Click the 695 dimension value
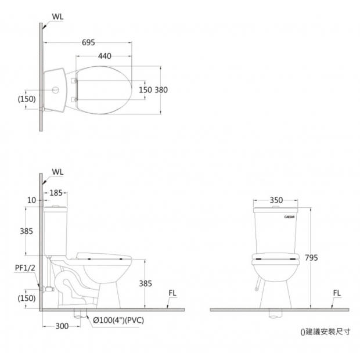pyautogui.click(x=88, y=42)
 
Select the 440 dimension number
pyautogui.click(x=105, y=56)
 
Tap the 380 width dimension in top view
pyautogui.click(x=161, y=90)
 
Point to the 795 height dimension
pyautogui.click(x=311, y=258)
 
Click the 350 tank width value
pyautogui.click(x=276, y=200)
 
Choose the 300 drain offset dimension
pyautogui.click(x=62, y=326)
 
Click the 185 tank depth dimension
pyautogui.click(x=56, y=193)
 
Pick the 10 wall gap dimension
pyautogui.click(x=32, y=200)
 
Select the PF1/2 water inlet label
pyautogui.click(x=25, y=268)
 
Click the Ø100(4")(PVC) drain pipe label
pyautogui.click(x=118, y=320)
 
